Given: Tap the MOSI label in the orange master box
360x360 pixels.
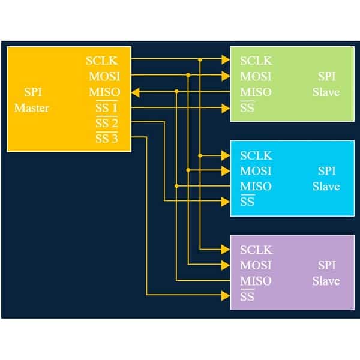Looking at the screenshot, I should click(x=104, y=76).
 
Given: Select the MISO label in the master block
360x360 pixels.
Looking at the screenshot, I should click(x=104, y=92).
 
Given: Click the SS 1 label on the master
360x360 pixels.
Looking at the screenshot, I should click(x=106, y=109).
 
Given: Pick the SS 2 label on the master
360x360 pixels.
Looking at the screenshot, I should click(x=106, y=124).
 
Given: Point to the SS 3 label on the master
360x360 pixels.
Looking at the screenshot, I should click(x=106, y=139).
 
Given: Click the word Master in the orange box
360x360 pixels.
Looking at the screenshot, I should click(x=32, y=109).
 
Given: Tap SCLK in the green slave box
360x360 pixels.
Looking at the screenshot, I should click(x=256, y=61).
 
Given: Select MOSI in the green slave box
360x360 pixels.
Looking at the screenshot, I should click(x=256, y=76).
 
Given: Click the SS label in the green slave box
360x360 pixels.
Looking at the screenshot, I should click(x=247, y=108).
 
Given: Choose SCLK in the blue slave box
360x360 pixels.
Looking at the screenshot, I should click(x=256, y=155).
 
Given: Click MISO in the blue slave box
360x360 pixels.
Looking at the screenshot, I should click(x=256, y=187).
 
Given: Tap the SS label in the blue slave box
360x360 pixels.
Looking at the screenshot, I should click(x=247, y=202).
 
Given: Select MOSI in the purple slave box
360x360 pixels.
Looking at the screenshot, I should click(x=256, y=265).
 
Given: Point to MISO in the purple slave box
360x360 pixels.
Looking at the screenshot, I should click(x=256, y=281).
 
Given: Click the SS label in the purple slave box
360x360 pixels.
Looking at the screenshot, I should click(x=247, y=296).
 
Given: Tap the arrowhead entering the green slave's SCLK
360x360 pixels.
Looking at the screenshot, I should click(x=226, y=60).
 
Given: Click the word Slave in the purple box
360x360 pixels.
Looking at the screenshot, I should click(x=326, y=281).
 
